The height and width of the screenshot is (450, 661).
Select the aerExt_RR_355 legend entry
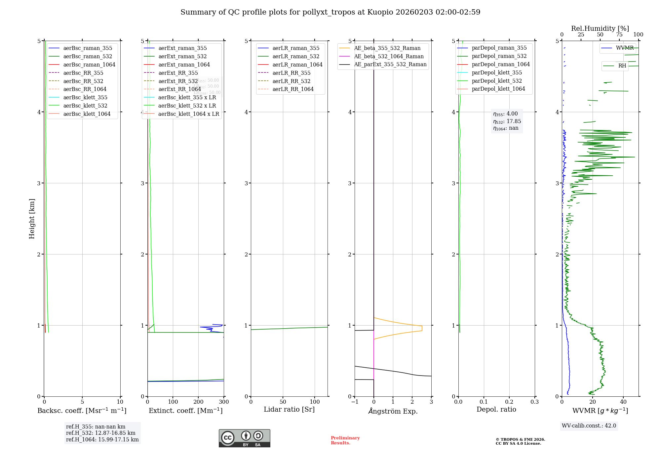coord(178,73)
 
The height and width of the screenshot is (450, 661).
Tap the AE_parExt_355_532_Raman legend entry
coord(390,64)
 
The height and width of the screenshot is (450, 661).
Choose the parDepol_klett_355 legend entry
coord(496,72)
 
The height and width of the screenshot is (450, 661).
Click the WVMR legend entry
coord(625,48)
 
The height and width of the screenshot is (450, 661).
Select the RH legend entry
coord(622,66)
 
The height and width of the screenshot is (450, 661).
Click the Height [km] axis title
coord(32,218)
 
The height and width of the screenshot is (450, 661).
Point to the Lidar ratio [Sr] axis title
coord(289,409)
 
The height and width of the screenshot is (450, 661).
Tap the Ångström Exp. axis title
coord(393,411)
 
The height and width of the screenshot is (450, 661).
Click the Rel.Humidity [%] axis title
coord(600,28)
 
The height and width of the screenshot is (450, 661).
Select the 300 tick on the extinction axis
coord(224,402)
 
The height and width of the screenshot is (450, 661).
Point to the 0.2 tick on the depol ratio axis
coord(509,402)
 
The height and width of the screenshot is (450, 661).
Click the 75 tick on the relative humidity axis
coord(619,35)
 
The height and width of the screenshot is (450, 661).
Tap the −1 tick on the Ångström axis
coord(355,402)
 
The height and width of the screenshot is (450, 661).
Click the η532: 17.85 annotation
coord(507,121)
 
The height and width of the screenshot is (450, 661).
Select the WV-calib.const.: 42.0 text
coord(589,426)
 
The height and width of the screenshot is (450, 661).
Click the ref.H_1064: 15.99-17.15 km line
coord(102,439)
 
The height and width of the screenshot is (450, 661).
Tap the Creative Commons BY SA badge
coord(244,438)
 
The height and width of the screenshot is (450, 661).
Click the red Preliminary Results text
coord(345,440)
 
